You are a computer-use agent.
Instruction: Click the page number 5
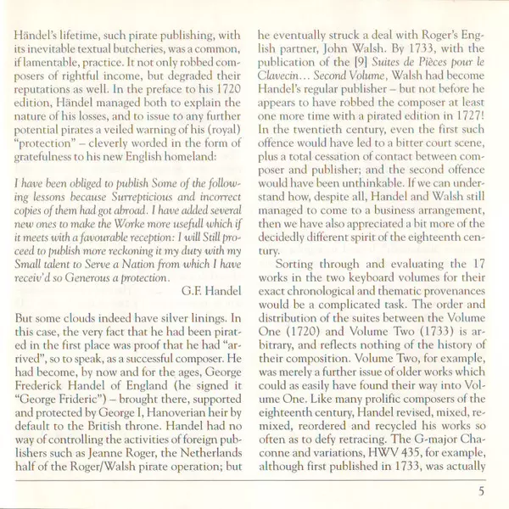coord(480,489)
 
